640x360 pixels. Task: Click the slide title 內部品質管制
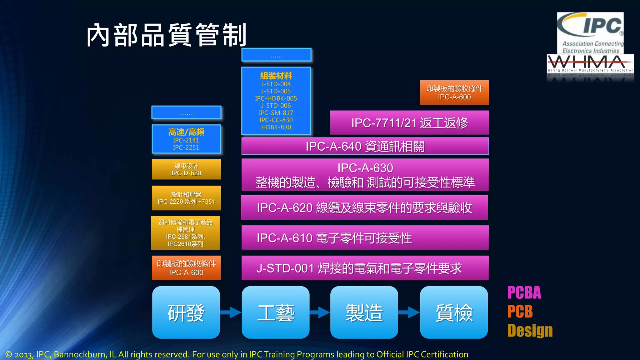tap(167, 35)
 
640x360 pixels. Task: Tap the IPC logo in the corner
tap(590, 32)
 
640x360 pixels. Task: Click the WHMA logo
tap(590, 64)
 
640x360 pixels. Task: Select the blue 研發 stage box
tap(186, 312)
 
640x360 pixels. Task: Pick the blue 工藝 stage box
tap(275, 312)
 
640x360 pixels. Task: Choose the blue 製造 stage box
tap(364, 312)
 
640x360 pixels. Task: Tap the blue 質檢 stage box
tap(454, 312)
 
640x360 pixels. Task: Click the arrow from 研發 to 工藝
tap(231, 312)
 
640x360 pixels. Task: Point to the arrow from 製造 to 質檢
tap(409, 312)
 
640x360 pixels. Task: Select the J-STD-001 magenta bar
tap(365, 268)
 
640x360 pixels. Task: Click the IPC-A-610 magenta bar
tap(365, 238)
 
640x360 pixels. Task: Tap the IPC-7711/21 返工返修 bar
tap(409, 123)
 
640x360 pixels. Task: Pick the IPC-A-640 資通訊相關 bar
tap(365, 146)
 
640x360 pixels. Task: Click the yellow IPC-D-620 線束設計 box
tap(186, 169)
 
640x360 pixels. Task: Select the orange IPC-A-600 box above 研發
tap(186, 268)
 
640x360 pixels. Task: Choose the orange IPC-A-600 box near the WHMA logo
tap(454, 93)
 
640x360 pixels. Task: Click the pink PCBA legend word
tap(524, 293)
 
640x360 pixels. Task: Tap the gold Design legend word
tap(530, 331)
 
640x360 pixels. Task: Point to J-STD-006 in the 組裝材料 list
tap(276, 106)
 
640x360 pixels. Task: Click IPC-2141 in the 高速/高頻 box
tap(186, 140)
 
